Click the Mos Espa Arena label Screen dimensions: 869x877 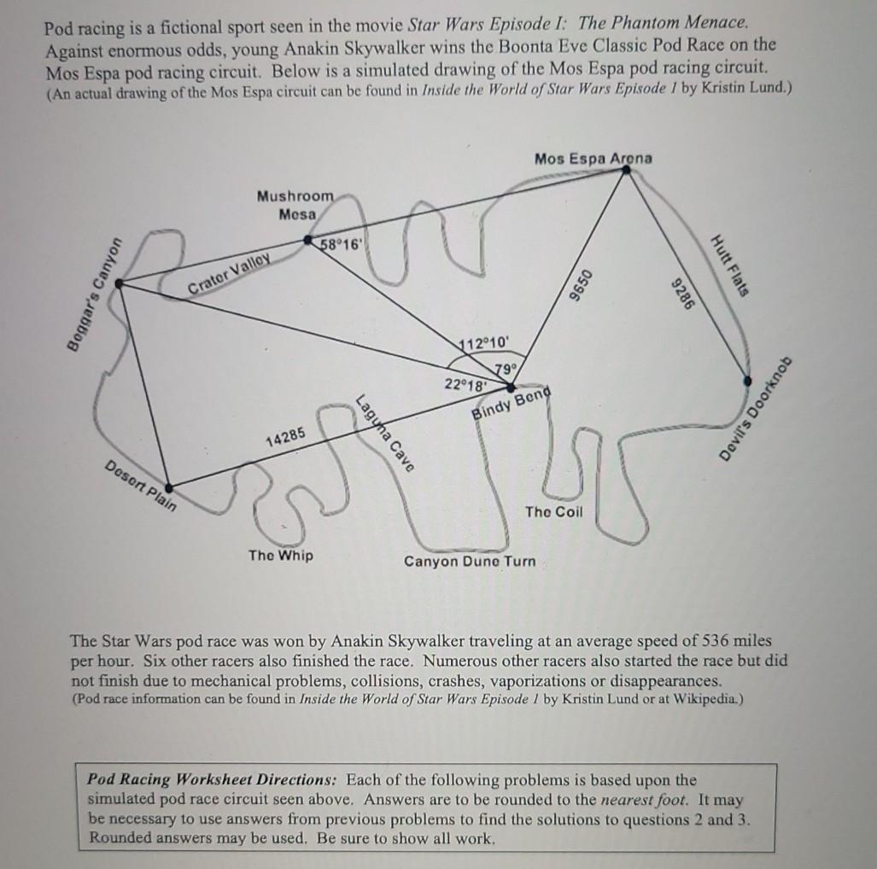click(x=593, y=158)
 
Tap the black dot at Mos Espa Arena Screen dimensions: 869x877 click(x=626, y=171)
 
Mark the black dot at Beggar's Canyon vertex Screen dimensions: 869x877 click(x=118, y=285)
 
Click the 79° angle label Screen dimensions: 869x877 click(x=504, y=368)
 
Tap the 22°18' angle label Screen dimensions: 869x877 click(x=465, y=383)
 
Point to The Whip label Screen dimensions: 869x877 click(x=280, y=556)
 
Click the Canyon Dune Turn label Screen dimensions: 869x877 click(x=470, y=561)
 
